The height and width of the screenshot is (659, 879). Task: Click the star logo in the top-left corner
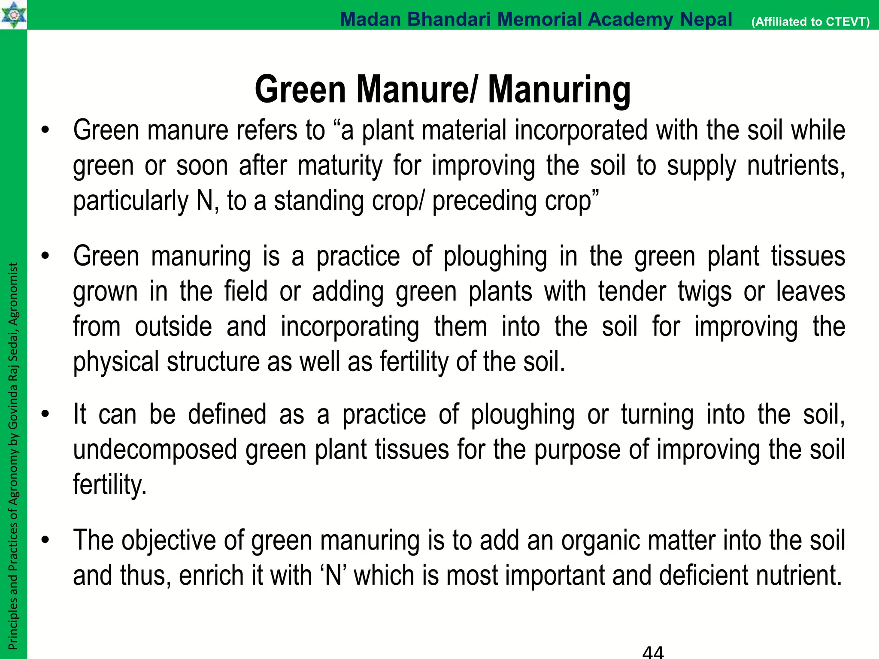(13, 15)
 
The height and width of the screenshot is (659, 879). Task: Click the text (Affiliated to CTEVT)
(810, 21)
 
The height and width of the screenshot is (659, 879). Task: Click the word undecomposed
(155, 450)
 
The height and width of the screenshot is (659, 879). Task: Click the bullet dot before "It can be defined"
(45, 415)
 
